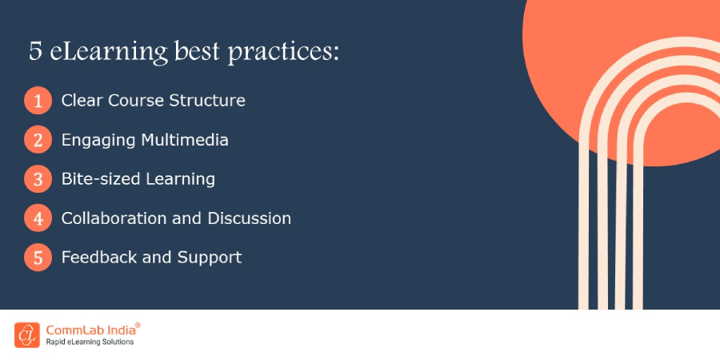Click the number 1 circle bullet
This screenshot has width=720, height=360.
coord(37,102)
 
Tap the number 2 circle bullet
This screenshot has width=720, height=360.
coord(37,141)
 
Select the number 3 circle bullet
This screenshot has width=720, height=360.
coord(37,179)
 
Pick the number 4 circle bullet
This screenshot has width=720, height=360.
coord(37,218)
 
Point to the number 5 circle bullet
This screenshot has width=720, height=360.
coord(37,258)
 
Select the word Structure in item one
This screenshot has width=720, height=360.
coord(207,101)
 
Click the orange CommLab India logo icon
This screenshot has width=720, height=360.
coord(26,334)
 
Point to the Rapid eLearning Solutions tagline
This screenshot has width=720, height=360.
coord(89,342)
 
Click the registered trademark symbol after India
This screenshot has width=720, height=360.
coord(138,325)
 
